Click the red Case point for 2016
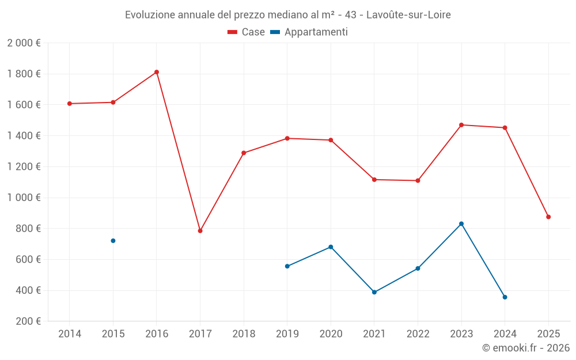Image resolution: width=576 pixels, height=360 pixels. coord(157,72)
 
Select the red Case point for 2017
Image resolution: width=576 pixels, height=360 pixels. coord(200,231)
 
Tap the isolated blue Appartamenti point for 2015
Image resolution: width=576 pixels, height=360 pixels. coord(113,241)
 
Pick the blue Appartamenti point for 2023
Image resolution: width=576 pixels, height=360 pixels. coord(461,223)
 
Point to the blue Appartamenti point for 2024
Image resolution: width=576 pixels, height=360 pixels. coord(505,297)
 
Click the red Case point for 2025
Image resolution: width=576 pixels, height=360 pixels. coord(548,217)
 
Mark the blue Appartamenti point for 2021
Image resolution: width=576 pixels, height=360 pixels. coord(374,292)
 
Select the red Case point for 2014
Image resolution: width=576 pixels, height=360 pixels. coord(70,104)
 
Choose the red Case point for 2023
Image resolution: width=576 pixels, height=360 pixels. coord(461,125)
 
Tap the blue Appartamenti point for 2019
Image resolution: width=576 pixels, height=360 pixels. coord(287,266)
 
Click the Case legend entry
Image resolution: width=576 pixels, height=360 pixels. coord(247,32)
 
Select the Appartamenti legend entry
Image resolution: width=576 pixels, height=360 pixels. coord(309,32)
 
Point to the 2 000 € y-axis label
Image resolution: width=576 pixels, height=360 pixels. coord(24,43)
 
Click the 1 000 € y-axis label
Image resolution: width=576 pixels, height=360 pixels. coord(24,198)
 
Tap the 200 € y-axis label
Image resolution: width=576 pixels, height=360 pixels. coord(27,321)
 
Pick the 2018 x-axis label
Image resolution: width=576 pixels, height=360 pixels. coord(244,334)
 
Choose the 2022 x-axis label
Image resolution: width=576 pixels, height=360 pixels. coord(418,334)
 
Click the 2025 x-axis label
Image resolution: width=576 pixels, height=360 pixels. coord(548,334)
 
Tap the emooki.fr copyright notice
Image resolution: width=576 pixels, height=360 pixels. coord(526,348)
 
